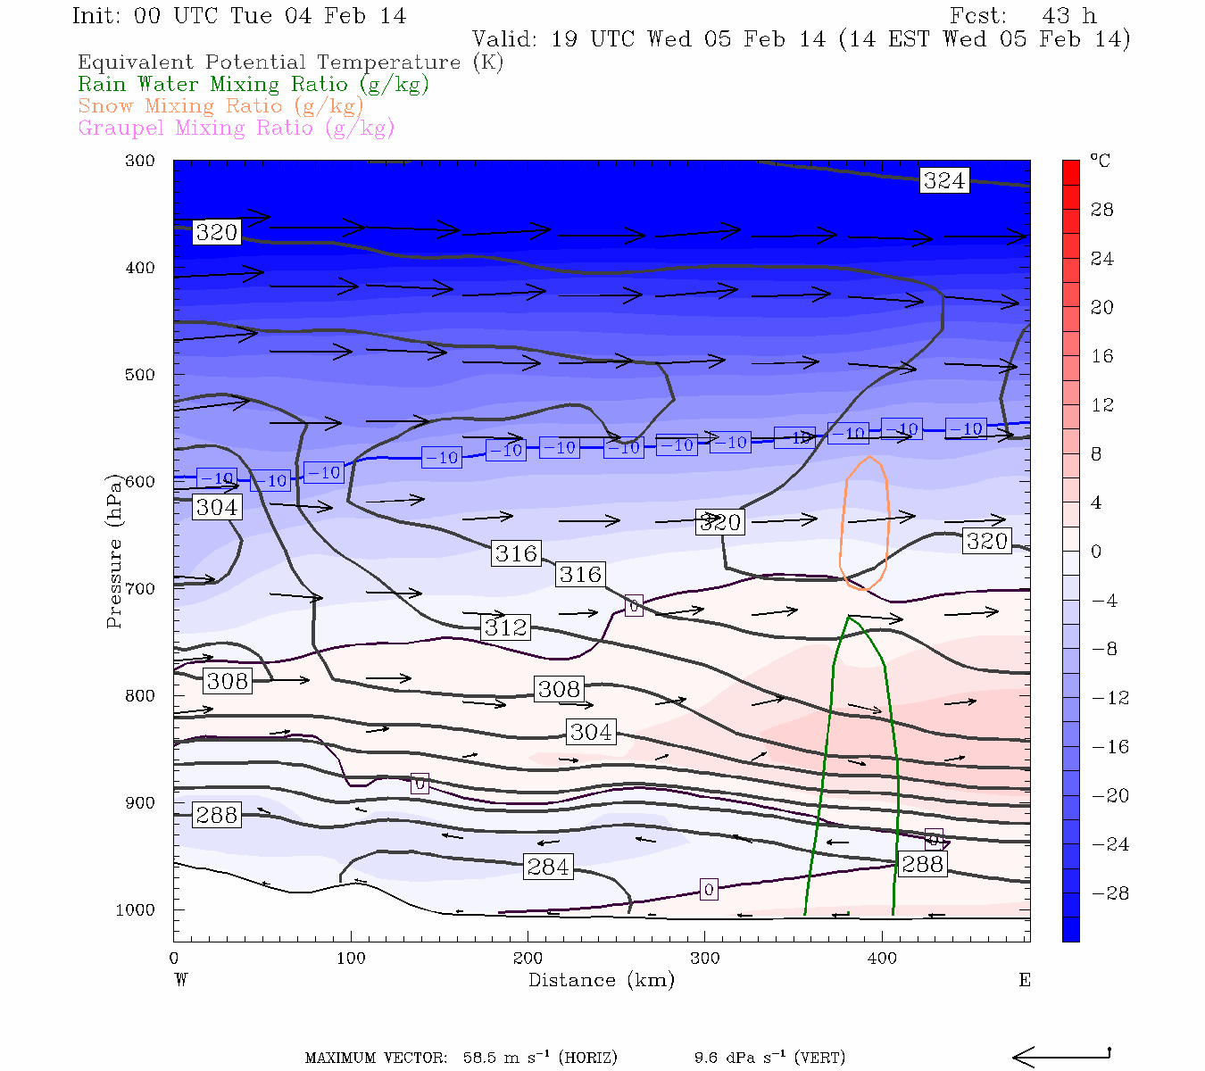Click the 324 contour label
943,180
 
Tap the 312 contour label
506,627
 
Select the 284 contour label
547,867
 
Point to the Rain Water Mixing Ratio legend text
253,85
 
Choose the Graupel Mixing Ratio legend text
236,128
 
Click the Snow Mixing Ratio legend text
220,106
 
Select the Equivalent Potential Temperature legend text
290,62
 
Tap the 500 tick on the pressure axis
140,375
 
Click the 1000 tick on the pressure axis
136,909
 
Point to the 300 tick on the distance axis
705,958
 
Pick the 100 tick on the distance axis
351,958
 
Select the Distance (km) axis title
601,980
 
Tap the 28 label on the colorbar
1102,210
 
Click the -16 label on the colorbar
1110,747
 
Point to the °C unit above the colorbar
1100,161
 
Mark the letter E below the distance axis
1025,980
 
